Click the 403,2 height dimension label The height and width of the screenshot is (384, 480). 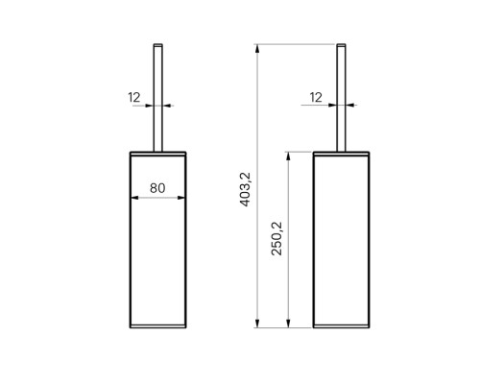(246, 189)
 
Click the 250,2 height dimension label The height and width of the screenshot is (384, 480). (277, 238)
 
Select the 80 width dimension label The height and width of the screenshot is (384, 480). (157, 188)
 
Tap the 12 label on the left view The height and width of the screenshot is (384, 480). (134, 97)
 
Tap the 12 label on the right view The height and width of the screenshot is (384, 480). (316, 97)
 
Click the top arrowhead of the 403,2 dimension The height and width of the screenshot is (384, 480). (256, 48)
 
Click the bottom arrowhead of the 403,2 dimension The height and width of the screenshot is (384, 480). (256, 324)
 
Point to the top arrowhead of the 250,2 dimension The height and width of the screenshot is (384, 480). (288, 156)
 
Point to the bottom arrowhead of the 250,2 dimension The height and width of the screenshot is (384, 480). (288, 324)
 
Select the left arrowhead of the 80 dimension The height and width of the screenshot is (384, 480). (134, 198)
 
